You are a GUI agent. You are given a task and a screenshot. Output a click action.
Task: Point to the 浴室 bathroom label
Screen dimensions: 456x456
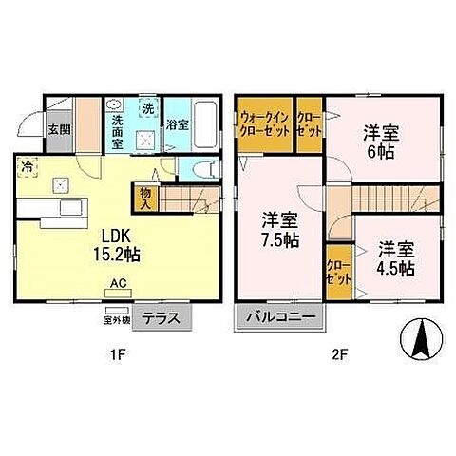pos(176,124)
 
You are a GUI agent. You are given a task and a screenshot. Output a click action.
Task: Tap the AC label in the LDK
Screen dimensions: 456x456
pos(119,283)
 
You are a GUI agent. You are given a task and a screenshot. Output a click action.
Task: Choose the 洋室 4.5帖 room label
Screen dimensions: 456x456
pos(395,258)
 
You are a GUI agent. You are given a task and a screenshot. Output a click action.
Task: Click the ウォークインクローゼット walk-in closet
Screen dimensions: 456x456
pos(264,123)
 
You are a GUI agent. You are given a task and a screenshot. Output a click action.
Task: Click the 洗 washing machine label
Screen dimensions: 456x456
pos(147,108)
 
